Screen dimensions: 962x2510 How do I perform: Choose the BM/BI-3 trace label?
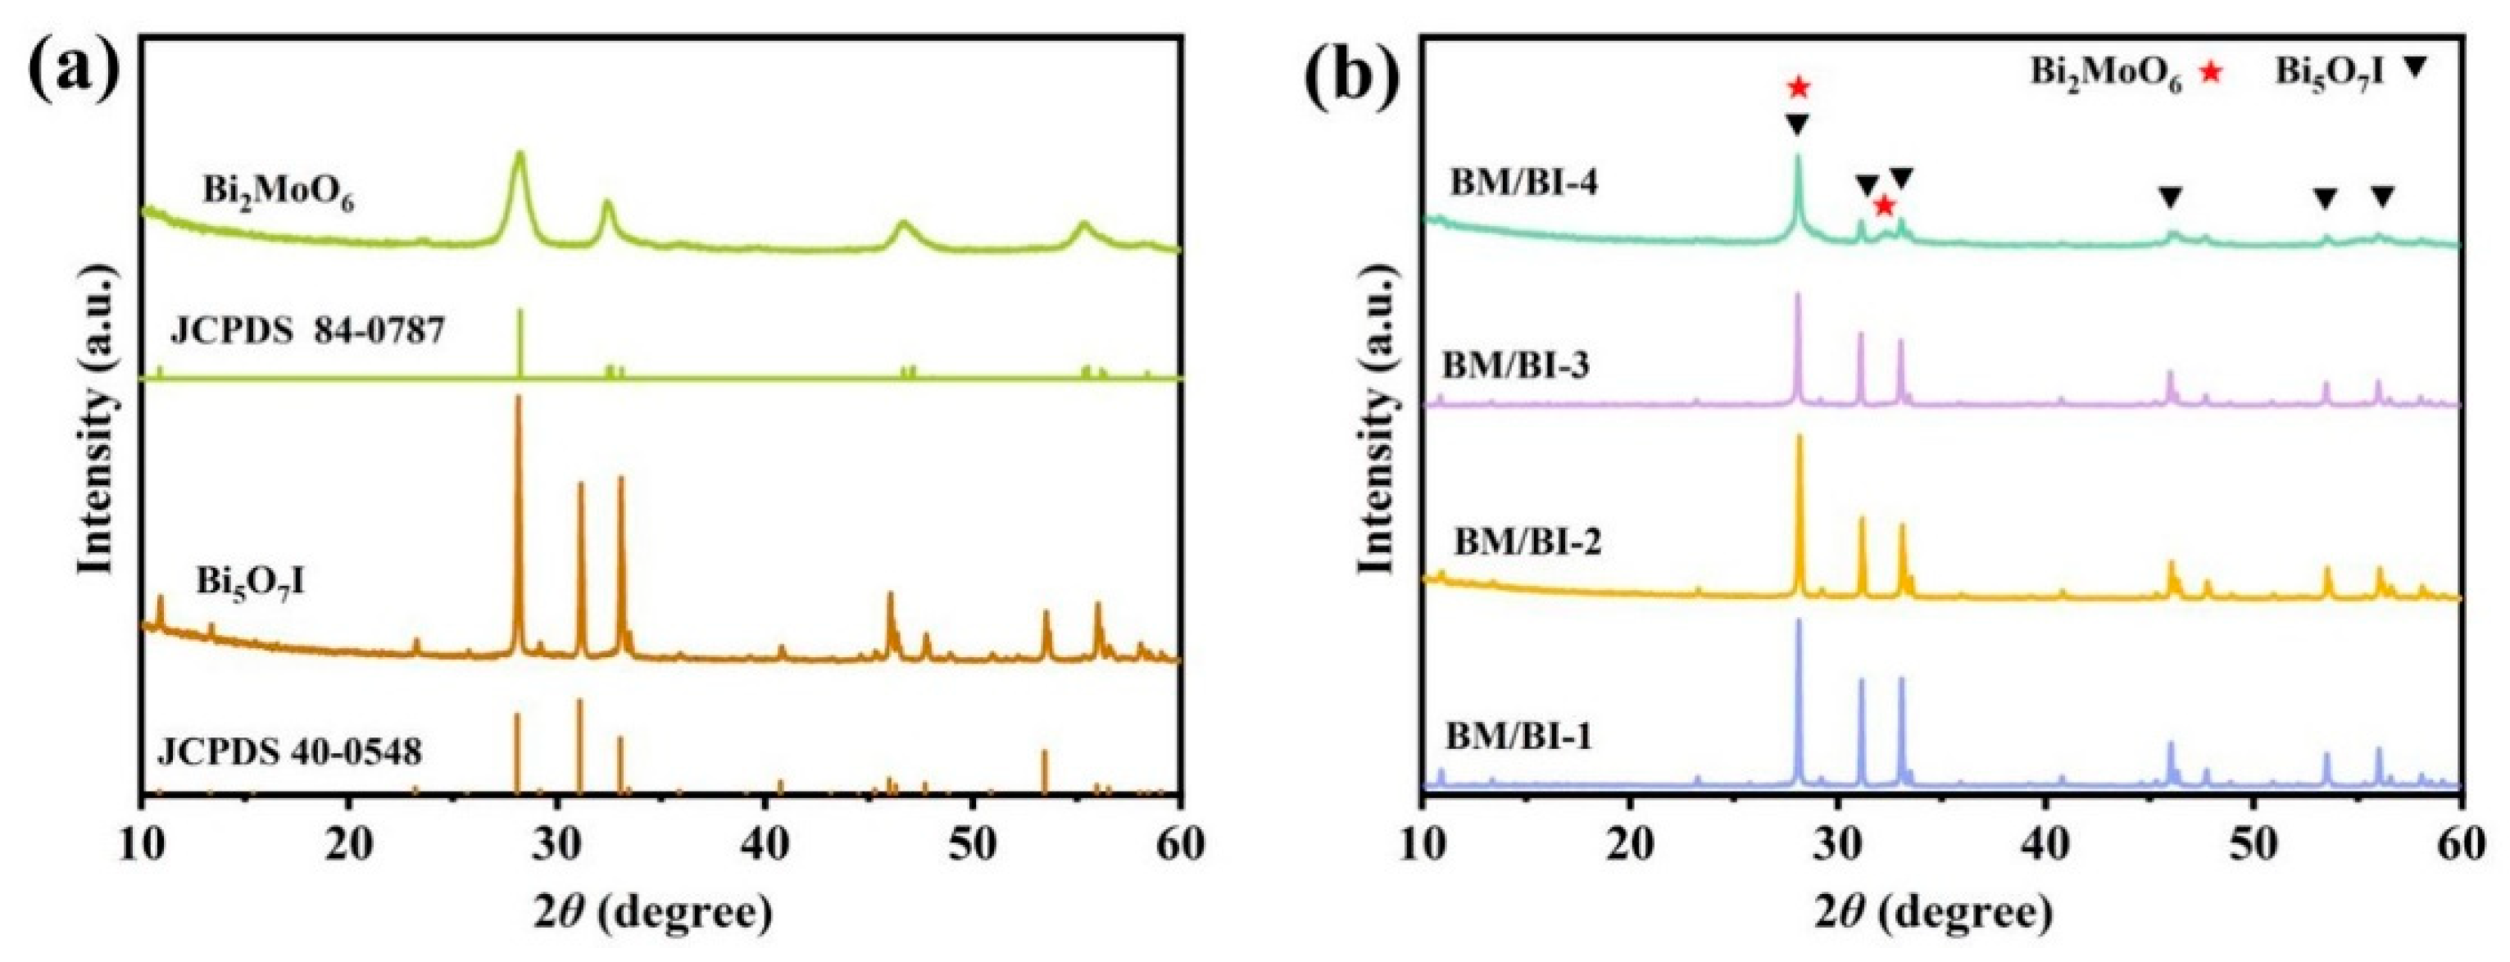[1516, 366]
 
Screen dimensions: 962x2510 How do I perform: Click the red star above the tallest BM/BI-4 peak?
[1798, 88]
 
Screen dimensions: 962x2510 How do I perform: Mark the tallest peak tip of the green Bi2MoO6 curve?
[520, 153]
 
